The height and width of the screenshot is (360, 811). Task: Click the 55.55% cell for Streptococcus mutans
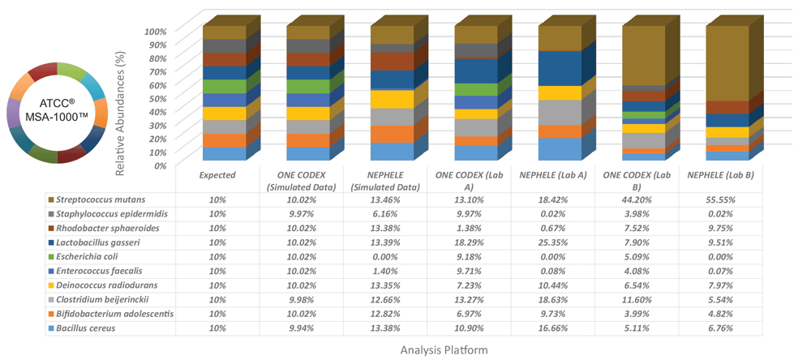tap(716, 199)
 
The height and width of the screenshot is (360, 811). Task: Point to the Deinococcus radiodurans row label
tap(104, 285)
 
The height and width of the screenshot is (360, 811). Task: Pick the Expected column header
tap(217, 174)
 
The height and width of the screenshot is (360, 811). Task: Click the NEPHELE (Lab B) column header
tap(716, 174)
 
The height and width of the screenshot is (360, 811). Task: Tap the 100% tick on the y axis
tap(156, 32)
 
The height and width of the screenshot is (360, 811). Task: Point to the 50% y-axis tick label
tap(158, 98)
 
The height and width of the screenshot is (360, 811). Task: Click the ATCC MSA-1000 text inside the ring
tap(57, 110)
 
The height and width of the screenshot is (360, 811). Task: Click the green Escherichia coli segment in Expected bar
tap(224, 87)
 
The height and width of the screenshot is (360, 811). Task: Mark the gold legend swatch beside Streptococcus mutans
tap(52, 199)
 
